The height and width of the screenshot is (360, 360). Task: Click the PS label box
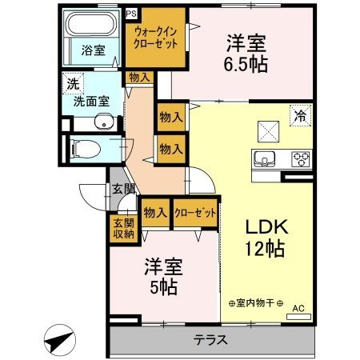[x=131, y=14]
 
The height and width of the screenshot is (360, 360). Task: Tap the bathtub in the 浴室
[x=90, y=23]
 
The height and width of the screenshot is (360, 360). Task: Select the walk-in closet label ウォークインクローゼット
[x=155, y=38]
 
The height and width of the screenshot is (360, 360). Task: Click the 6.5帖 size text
[x=246, y=65]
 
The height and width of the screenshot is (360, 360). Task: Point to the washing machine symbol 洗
[x=73, y=84]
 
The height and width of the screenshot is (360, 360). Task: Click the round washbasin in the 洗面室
[x=104, y=122]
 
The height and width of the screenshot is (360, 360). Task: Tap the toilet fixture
[x=86, y=149]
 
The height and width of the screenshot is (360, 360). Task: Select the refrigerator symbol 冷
[x=301, y=115]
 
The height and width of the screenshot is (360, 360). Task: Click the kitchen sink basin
[x=264, y=159]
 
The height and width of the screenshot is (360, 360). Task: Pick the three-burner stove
[x=301, y=159]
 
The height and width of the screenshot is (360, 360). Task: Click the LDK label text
[x=266, y=226]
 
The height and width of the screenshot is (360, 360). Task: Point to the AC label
[x=298, y=309]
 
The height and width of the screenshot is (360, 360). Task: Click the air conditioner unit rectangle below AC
[x=298, y=317]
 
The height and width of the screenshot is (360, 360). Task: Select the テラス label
[x=210, y=340]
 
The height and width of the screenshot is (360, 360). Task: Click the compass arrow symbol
[x=60, y=340]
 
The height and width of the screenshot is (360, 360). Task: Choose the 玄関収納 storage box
[x=123, y=229]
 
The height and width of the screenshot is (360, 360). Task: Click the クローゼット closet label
[x=195, y=213]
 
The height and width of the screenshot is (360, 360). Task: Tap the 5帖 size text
[x=163, y=286]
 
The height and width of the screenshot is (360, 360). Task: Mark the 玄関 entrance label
[x=123, y=189]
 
